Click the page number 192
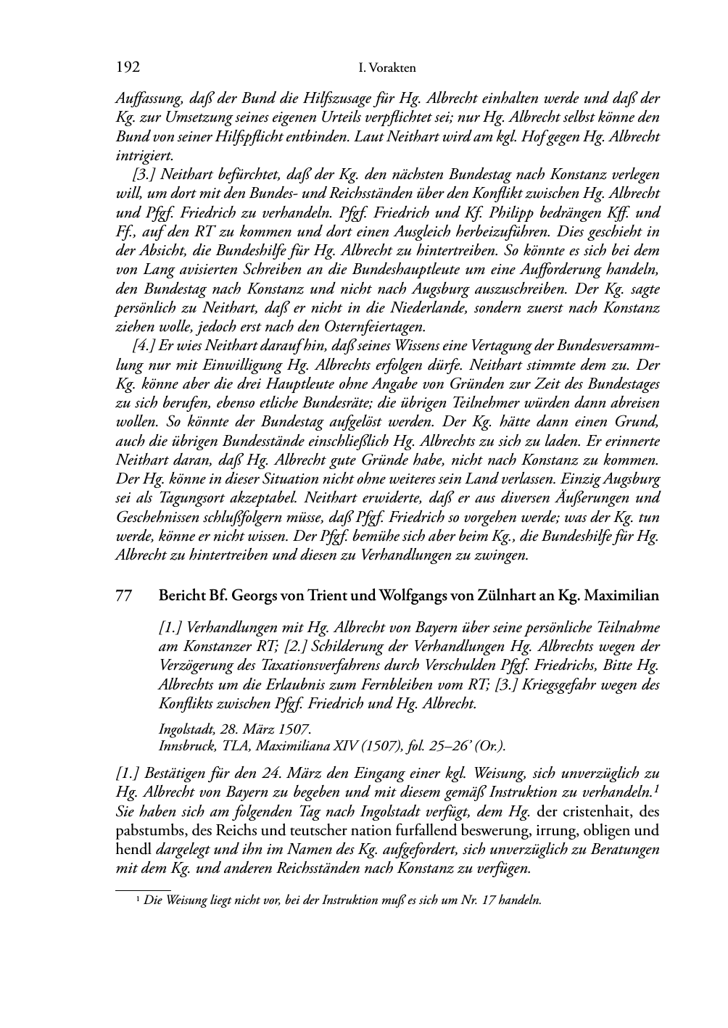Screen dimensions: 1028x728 point(128,68)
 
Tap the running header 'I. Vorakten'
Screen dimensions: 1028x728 point(387,69)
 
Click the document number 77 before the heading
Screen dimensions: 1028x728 point(124,597)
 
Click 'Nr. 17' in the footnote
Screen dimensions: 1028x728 point(476,900)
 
